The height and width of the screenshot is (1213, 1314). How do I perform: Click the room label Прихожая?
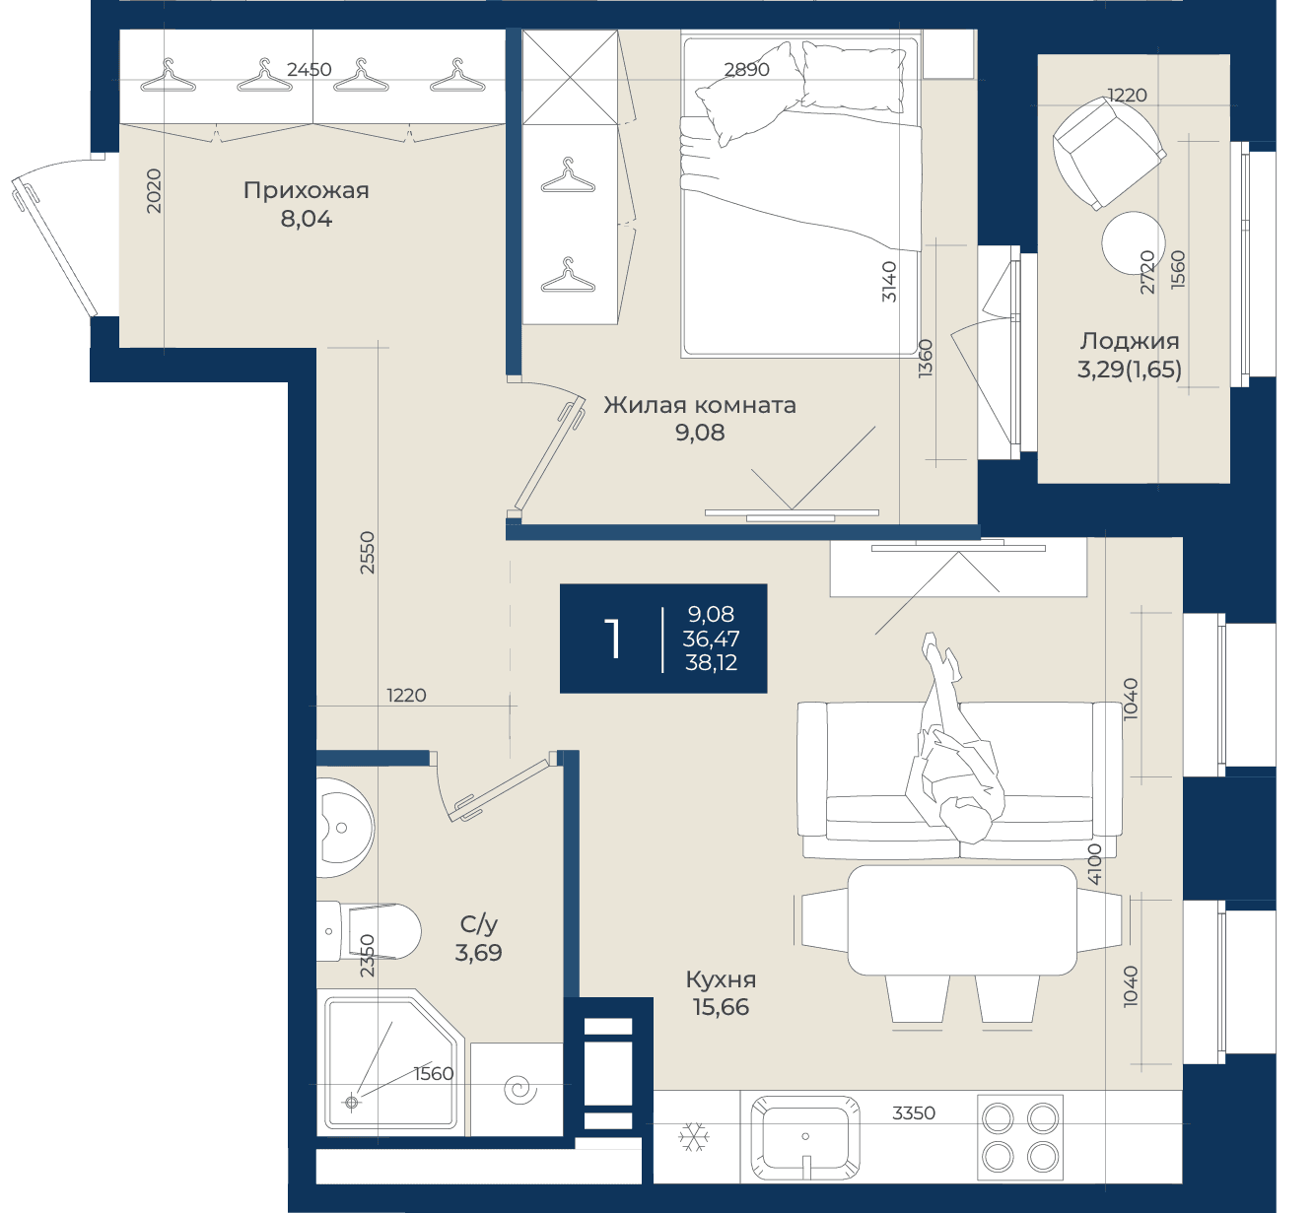(306, 190)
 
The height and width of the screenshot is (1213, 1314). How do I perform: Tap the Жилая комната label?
(699, 405)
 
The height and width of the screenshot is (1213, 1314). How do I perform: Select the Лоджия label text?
(1130, 341)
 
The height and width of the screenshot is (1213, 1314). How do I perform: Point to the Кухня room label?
(721, 979)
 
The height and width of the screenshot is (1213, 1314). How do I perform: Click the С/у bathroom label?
(478, 924)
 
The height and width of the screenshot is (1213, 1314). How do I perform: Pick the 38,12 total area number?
(711, 663)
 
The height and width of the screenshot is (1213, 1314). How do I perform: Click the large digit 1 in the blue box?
(613, 639)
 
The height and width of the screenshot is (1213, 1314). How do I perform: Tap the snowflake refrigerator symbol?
(693, 1136)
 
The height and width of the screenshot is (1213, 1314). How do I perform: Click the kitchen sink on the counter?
(805, 1137)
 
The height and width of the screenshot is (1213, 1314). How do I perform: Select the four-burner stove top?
(1019, 1137)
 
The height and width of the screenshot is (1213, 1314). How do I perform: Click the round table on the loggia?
(1133, 242)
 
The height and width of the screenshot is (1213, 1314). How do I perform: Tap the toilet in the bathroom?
(368, 931)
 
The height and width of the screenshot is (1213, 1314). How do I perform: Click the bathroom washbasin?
(345, 828)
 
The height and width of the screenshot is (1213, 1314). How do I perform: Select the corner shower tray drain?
(351, 1102)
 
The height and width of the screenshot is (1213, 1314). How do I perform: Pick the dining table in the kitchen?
(962, 920)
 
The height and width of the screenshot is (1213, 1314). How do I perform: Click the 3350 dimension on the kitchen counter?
(913, 1113)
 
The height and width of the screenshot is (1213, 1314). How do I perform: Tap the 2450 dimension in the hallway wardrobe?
(309, 69)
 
